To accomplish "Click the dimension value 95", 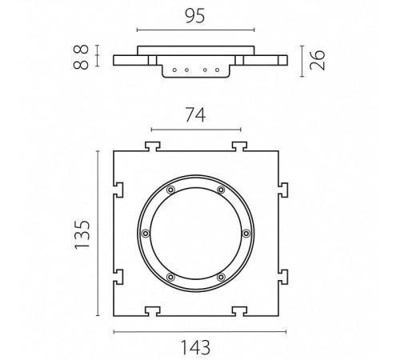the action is pos(195,16).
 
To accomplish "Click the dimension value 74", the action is pos(195,115).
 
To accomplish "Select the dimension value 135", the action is pos(82,235).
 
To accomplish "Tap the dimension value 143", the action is pos(195,347).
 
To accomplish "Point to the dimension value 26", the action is pos(318,60).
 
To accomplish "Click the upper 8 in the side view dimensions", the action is pos(81,49).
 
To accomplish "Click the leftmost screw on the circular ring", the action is pos(146,234).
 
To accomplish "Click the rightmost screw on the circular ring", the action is pos(246,234).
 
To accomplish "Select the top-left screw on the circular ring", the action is pos(170,190).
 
